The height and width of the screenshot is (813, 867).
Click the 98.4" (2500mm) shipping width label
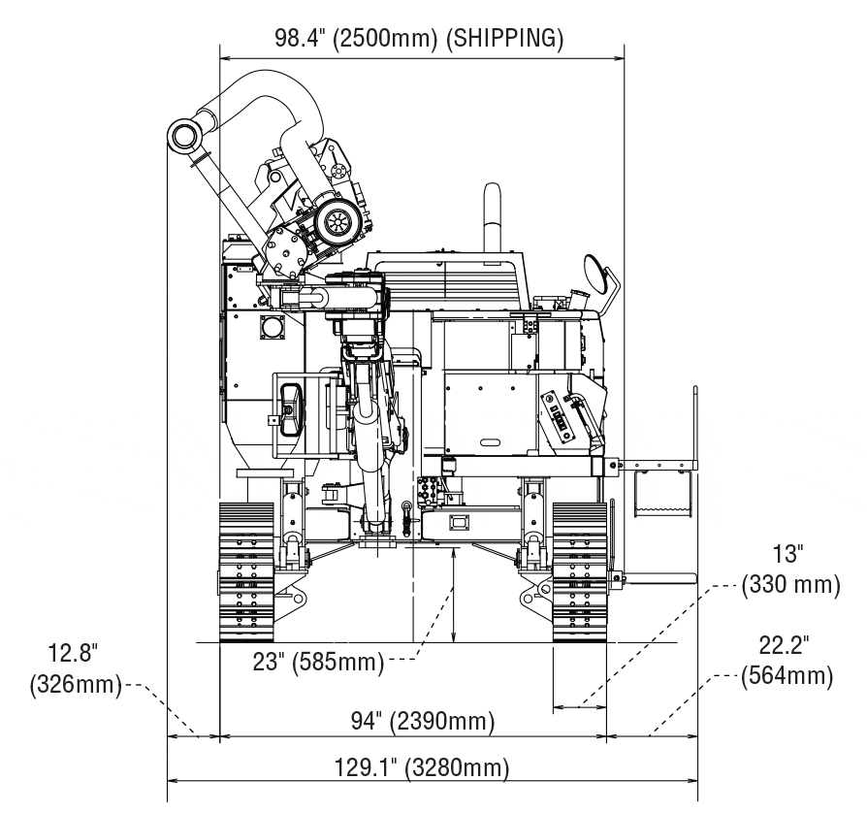click(418, 39)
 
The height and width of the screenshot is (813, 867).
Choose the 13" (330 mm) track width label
click(788, 570)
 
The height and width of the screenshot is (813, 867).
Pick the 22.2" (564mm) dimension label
click(787, 661)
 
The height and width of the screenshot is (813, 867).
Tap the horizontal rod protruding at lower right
click(659, 578)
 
